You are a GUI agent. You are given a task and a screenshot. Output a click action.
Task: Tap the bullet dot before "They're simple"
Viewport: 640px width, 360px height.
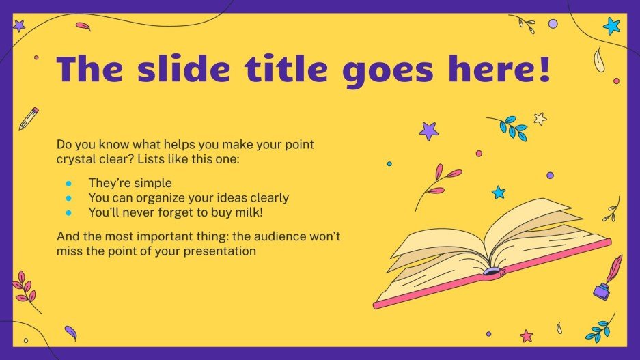click(68, 183)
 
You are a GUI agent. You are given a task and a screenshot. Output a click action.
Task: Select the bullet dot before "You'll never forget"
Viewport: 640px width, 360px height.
click(68, 212)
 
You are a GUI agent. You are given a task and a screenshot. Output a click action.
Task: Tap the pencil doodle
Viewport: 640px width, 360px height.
click(29, 118)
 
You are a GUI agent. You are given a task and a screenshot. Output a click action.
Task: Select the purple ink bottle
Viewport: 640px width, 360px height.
click(602, 292)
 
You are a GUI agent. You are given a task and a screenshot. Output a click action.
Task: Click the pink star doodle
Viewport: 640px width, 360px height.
click(526, 335)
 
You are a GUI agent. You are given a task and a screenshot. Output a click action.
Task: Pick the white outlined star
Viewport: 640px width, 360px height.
click(540, 119)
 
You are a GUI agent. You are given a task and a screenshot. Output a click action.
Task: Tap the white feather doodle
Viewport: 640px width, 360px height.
click(599, 59)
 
